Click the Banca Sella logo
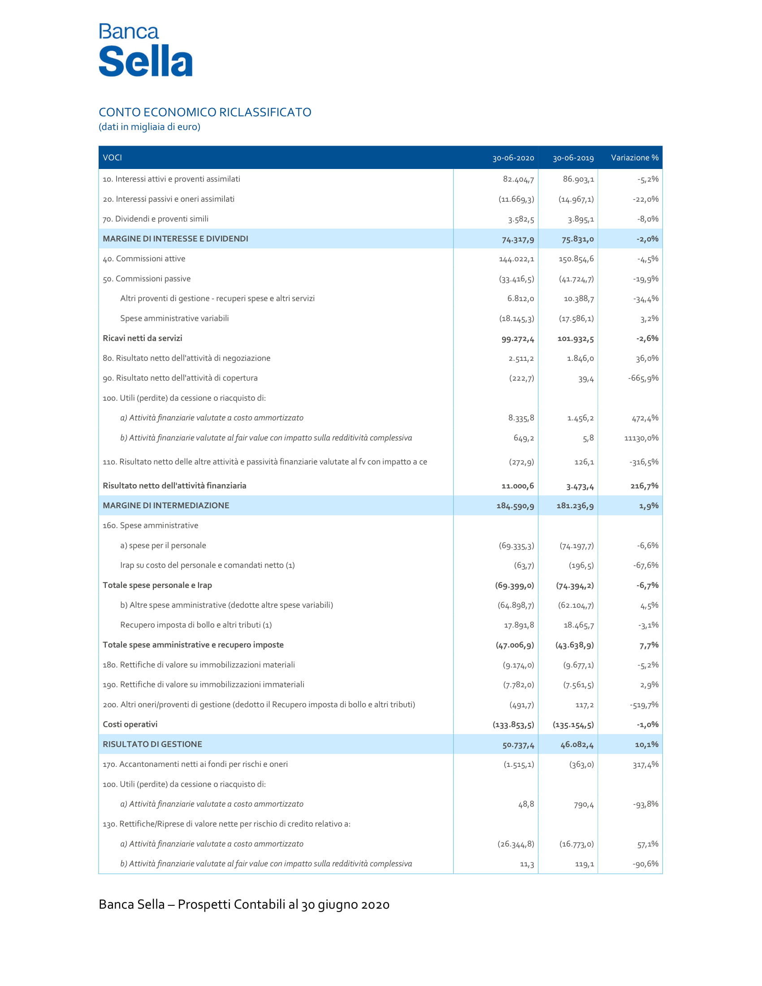click(145, 50)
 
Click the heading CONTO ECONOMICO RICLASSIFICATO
click(205, 112)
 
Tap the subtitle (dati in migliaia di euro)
click(149, 127)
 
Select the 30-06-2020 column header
click(513, 158)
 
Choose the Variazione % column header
click(634, 158)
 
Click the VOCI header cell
click(113, 158)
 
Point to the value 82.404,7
click(518, 179)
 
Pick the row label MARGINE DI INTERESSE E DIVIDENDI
click(175, 239)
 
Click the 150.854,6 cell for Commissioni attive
click(576, 259)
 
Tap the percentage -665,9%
click(643, 378)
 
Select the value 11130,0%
click(641, 438)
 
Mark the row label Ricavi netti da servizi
click(142, 338)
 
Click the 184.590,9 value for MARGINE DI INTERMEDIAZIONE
click(515, 506)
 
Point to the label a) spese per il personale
click(163, 545)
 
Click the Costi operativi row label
click(130, 724)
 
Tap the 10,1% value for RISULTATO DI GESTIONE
click(646, 744)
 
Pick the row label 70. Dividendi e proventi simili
click(155, 219)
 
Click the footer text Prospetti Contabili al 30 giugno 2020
click(283, 905)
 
